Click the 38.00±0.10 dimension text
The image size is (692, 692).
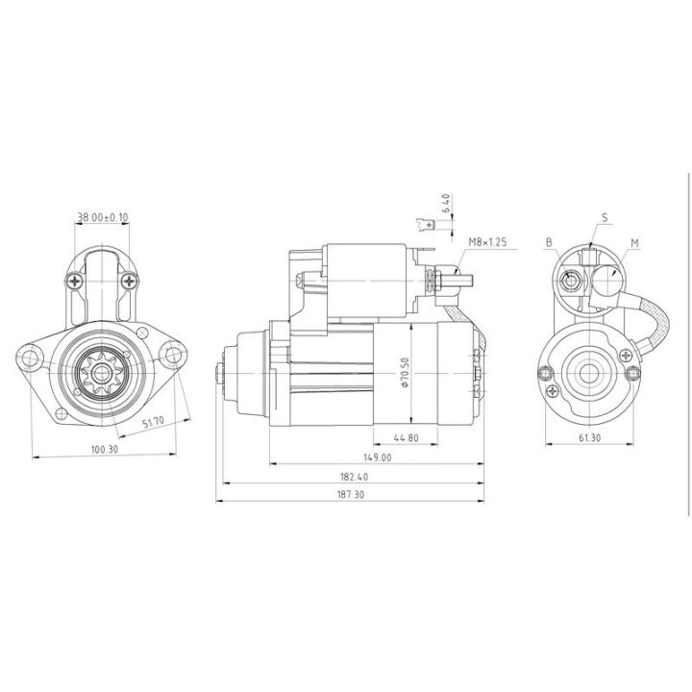(102, 217)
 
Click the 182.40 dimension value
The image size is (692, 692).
(353, 476)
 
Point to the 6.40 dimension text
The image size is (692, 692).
(446, 203)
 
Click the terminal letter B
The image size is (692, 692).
(548, 243)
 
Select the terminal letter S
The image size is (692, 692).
(605, 217)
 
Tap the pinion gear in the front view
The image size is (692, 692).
(102, 371)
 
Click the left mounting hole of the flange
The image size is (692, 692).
(34, 358)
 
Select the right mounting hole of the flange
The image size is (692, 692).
(173, 358)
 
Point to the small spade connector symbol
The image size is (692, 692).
(425, 227)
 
